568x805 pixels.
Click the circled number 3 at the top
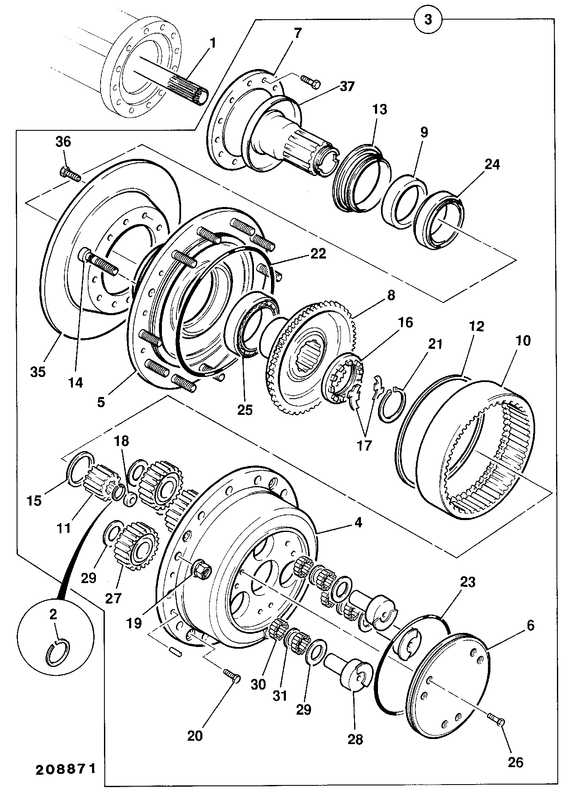tap(428, 19)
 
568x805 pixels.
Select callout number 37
tap(347, 86)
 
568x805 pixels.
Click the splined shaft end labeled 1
tap(187, 89)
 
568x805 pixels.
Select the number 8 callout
tap(391, 295)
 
